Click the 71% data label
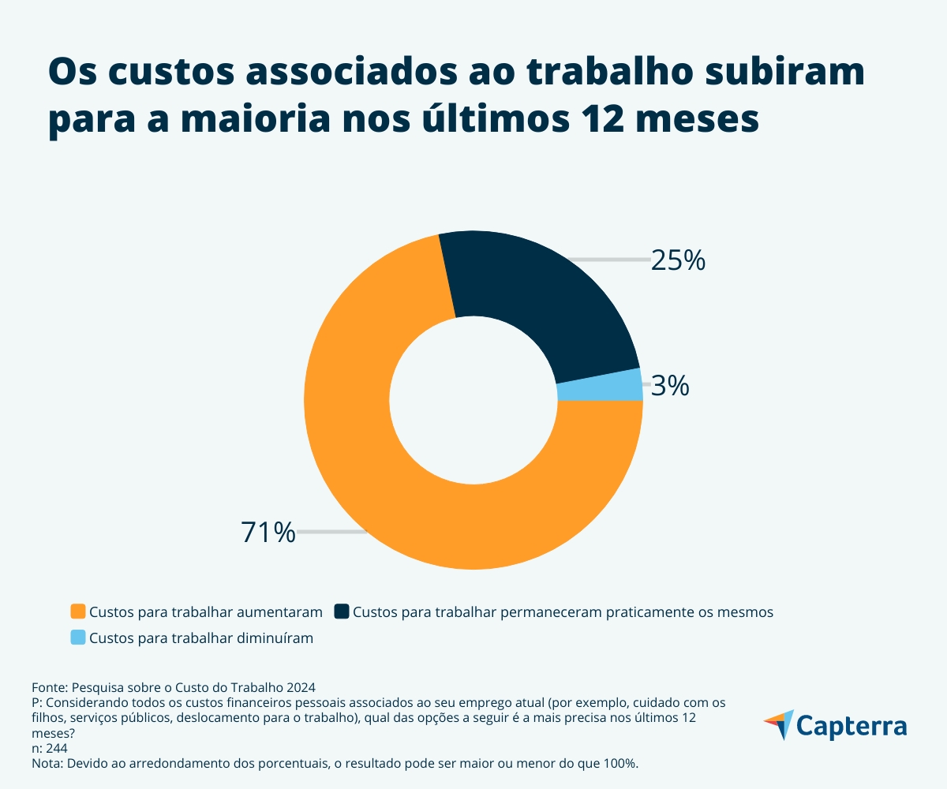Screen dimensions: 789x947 tap(268, 533)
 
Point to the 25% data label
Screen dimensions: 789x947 tap(677, 260)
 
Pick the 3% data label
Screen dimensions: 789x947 tap(670, 387)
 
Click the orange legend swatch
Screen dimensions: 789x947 tap(77, 611)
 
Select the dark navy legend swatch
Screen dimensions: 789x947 tap(342, 611)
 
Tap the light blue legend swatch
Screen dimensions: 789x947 tap(77, 638)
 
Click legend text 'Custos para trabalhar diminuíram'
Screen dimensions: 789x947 tap(201, 638)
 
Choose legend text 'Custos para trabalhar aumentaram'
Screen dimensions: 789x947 tap(206, 612)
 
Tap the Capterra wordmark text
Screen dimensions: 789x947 tap(852, 725)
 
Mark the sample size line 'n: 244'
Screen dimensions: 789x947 tap(50, 749)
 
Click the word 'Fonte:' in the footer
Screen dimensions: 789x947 tap(50, 687)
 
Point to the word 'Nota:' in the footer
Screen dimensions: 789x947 tap(48, 764)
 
